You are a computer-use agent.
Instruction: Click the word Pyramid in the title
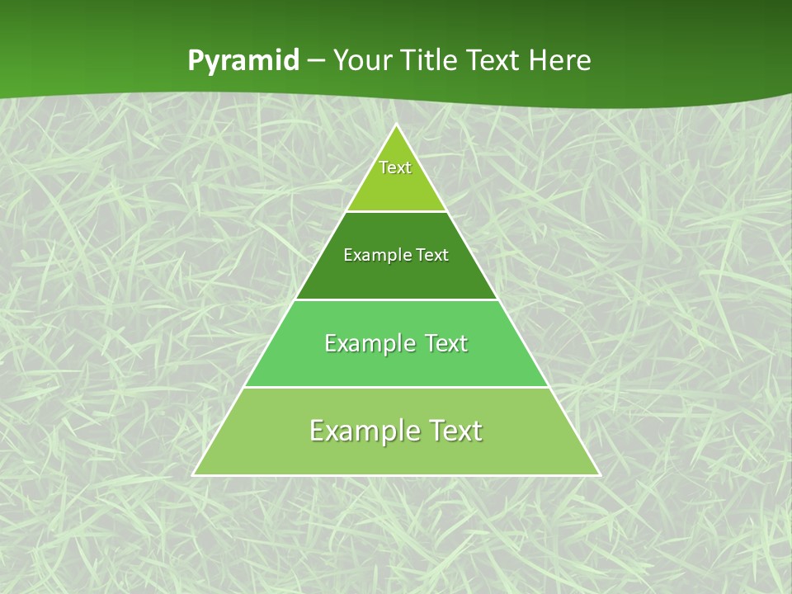coord(243,61)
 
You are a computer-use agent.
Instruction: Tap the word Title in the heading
coord(430,60)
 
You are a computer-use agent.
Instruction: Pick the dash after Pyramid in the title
coord(315,61)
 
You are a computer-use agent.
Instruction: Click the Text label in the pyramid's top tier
coord(395,167)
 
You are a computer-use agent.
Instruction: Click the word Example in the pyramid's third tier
coord(367,343)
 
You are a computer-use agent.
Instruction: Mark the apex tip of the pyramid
coord(396,125)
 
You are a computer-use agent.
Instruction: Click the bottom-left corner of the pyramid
coord(194,474)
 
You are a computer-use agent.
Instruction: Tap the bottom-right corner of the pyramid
coord(599,474)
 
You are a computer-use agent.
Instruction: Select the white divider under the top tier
coord(396,211)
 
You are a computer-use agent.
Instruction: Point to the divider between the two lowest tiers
coord(396,387)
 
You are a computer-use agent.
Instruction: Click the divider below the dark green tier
coord(396,299)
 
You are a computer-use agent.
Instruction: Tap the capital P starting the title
coord(196,60)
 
